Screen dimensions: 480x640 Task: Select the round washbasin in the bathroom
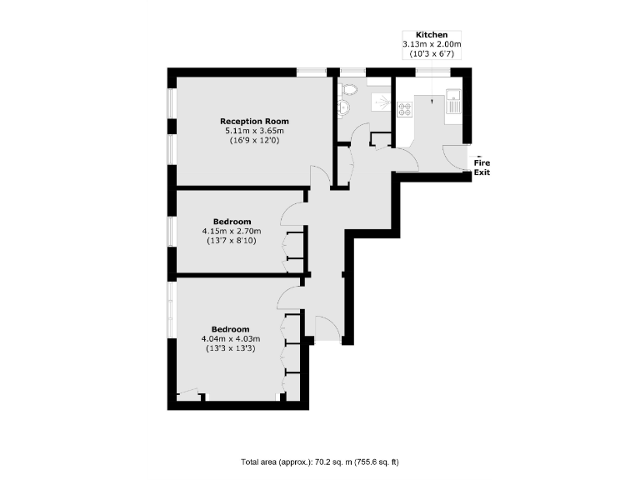point(343,106)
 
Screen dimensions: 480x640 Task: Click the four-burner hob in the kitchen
point(405,107)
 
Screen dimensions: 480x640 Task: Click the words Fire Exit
point(482,167)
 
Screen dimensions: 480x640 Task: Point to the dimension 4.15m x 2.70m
point(231,231)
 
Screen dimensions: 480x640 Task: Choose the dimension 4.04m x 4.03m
point(231,338)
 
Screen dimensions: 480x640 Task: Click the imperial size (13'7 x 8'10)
point(231,241)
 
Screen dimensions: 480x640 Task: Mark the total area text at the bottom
point(320,461)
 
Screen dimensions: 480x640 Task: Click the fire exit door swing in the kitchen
point(456,157)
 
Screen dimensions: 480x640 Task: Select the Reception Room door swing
point(318,176)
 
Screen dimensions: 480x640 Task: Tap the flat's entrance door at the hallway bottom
point(327,327)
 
